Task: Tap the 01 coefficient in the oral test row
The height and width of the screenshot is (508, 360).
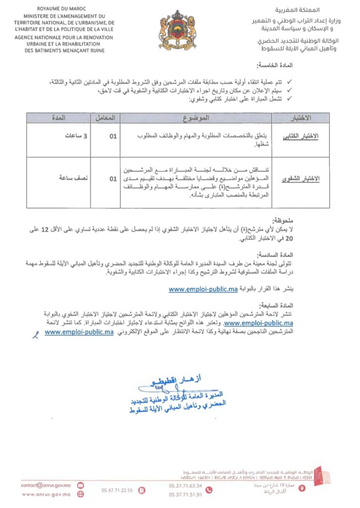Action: click(113, 178)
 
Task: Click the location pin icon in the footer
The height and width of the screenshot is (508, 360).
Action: click(302, 488)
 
